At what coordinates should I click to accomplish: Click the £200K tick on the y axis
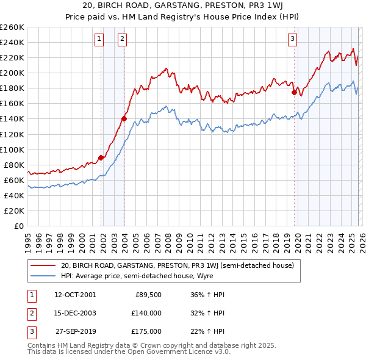point(12,73)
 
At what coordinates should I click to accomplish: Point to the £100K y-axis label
point(12,149)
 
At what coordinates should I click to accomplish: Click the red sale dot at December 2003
point(124,119)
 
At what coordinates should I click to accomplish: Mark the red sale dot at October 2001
point(101,157)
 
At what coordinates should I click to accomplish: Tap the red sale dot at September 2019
point(294,92)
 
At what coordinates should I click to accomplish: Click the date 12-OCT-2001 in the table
point(75,294)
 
